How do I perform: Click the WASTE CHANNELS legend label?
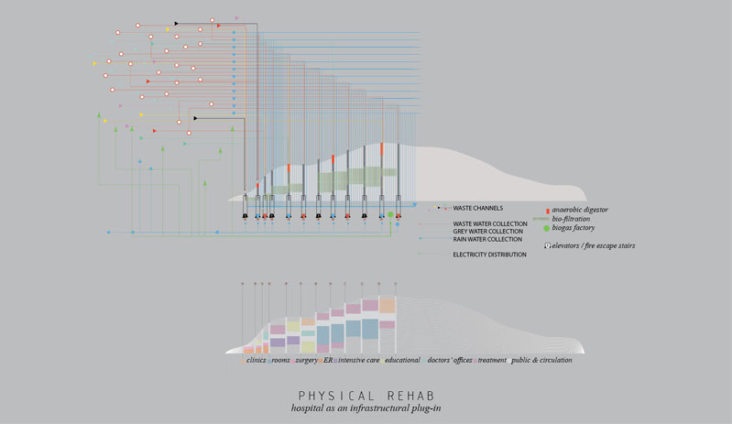point(477,208)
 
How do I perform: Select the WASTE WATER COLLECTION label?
point(489,224)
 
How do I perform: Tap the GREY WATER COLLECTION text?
point(487,232)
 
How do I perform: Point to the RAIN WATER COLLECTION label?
point(487,240)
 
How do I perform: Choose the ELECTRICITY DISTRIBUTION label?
point(489,255)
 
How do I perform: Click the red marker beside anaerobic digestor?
point(547,211)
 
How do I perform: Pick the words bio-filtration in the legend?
point(571,219)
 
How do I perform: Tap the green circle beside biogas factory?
point(547,228)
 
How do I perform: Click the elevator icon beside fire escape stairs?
point(547,245)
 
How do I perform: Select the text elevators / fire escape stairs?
point(594,245)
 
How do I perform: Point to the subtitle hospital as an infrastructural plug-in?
point(366,408)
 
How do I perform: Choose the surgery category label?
point(305,360)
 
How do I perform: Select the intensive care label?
point(358,360)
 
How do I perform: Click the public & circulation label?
point(541,360)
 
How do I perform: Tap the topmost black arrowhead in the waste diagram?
point(177,24)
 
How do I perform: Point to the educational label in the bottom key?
point(402,360)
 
